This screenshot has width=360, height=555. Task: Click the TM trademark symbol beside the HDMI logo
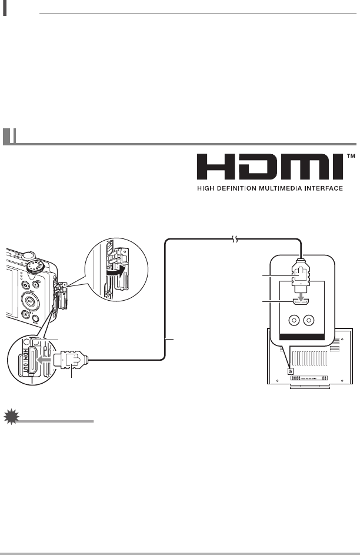click(x=352, y=157)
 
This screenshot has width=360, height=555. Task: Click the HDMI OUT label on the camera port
click(x=25, y=359)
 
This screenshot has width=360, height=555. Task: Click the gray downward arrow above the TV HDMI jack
click(x=302, y=294)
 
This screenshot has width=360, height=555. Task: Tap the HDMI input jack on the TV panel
click(x=302, y=303)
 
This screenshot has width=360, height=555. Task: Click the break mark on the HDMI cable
click(x=235, y=240)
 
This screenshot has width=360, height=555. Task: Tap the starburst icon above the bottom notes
click(x=10, y=417)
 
